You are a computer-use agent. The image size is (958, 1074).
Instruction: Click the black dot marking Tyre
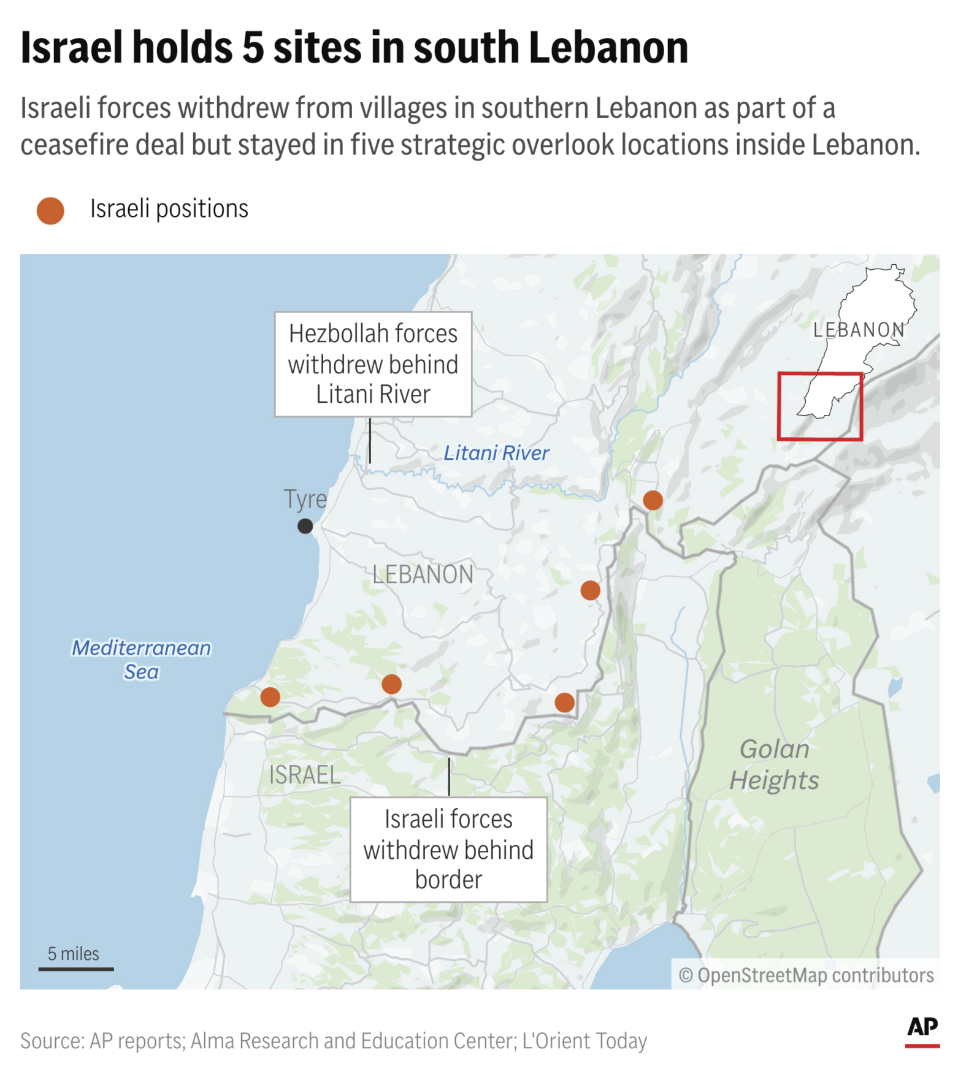[305, 526]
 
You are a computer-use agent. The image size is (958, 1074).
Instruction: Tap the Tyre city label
[305, 499]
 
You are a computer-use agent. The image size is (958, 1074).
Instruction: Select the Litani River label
[496, 453]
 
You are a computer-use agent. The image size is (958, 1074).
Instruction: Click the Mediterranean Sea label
[141, 660]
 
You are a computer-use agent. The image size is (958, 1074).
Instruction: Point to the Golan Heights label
[774, 764]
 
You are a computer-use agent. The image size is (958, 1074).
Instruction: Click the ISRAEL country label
[304, 775]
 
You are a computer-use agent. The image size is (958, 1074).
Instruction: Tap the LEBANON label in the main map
[423, 575]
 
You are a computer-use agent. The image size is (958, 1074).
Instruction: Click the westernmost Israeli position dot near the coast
[270, 697]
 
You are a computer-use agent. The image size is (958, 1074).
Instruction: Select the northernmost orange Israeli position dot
[653, 500]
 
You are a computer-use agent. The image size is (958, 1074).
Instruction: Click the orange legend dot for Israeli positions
[50, 211]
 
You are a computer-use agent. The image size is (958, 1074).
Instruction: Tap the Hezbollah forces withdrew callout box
[373, 364]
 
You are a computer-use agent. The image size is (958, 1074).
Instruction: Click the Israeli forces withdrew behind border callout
[448, 850]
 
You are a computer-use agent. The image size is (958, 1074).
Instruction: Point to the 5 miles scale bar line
[76, 969]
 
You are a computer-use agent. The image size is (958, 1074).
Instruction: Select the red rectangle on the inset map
[820, 406]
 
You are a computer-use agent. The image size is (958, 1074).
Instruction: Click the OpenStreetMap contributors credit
[806, 975]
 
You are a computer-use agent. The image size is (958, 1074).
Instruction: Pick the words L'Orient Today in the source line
[584, 1041]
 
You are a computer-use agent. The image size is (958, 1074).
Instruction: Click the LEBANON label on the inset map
[859, 330]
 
